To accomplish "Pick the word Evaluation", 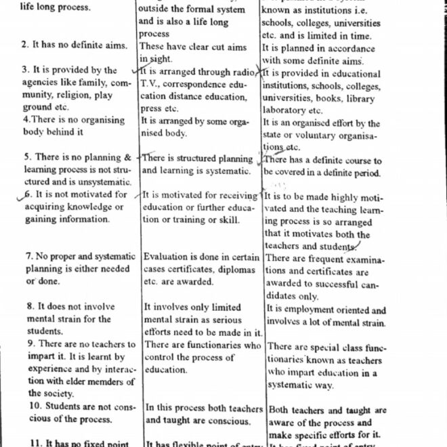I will pyautogui.click(x=169, y=257).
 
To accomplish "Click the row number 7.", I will pyautogui.click(x=30, y=257).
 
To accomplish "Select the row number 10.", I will pyautogui.click(x=33, y=406).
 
